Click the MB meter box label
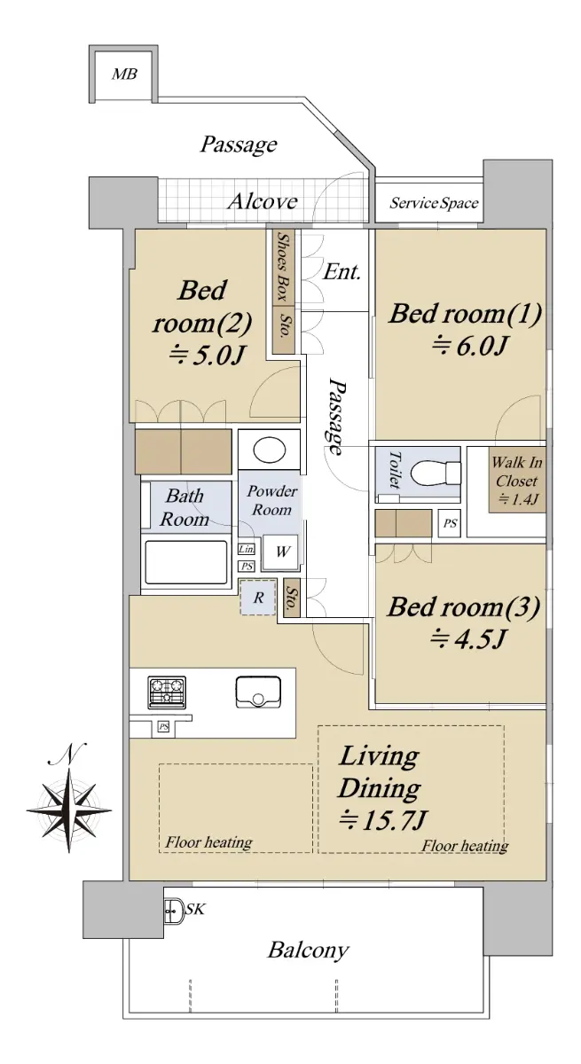[x=124, y=74]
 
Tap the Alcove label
[x=263, y=201]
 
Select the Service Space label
[x=434, y=203]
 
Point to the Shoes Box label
[x=284, y=266]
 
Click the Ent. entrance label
[x=342, y=272]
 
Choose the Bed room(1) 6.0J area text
[x=466, y=329]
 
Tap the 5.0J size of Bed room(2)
[x=208, y=355]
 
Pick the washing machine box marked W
[x=280, y=552]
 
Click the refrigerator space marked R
[x=258, y=598]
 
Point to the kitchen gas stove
[x=167, y=692]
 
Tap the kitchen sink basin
[x=258, y=692]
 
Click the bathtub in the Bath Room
[x=185, y=562]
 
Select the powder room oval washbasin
[x=270, y=450]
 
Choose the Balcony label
[x=309, y=950]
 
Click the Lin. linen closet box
[x=246, y=550]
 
